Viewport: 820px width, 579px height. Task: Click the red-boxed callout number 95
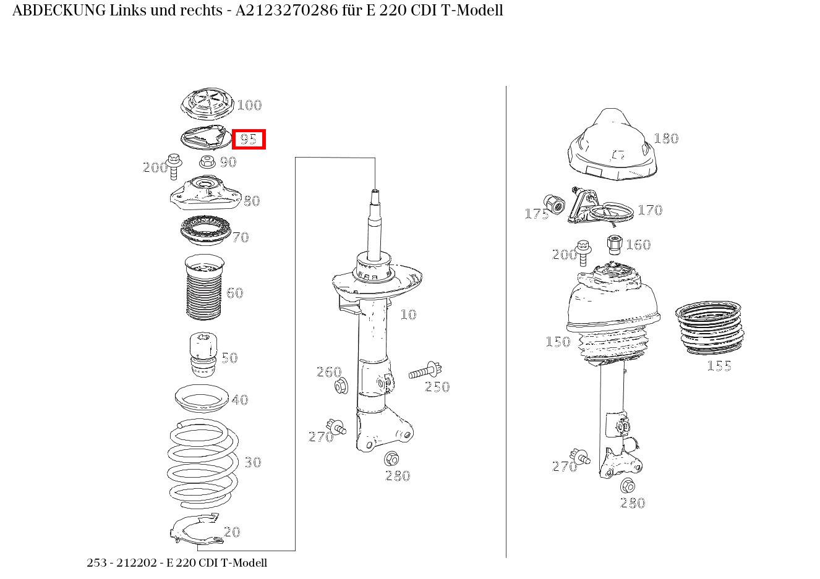point(248,139)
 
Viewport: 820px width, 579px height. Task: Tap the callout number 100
point(249,105)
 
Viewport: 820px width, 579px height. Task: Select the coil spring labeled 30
point(203,464)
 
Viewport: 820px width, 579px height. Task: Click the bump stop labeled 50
point(203,355)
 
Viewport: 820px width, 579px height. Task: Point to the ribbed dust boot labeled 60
point(204,287)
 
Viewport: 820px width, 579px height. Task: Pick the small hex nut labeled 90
point(207,161)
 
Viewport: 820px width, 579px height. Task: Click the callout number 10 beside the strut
point(408,315)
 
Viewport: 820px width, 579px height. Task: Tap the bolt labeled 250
point(425,371)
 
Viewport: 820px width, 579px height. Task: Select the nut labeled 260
point(341,386)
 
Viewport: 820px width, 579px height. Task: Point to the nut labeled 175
point(554,205)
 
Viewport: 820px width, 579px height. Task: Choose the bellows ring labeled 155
point(709,328)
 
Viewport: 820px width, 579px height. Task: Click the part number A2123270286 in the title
point(287,11)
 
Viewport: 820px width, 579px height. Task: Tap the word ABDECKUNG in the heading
point(59,11)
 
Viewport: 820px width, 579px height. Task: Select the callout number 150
point(558,342)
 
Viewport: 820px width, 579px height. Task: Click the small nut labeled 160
point(615,245)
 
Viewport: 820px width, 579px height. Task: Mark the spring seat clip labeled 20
point(197,530)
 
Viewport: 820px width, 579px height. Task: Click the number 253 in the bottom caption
point(96,562)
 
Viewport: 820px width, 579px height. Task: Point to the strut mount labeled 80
point(206,193)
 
